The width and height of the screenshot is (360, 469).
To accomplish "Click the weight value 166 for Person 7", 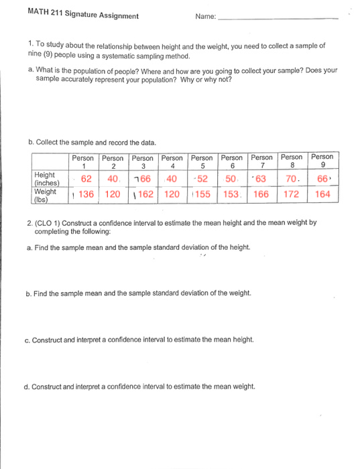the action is click(261, 195).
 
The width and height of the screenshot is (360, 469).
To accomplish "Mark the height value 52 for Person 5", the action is click(203, 179).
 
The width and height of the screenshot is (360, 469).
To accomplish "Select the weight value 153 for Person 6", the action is click(231, 195).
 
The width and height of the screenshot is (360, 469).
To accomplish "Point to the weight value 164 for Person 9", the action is click(322, 195).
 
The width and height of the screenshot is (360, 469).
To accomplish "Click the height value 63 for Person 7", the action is click(261, 179).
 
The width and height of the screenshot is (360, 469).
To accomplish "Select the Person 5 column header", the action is click(203, 162).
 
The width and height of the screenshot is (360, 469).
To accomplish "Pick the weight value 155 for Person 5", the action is click(202, 195).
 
